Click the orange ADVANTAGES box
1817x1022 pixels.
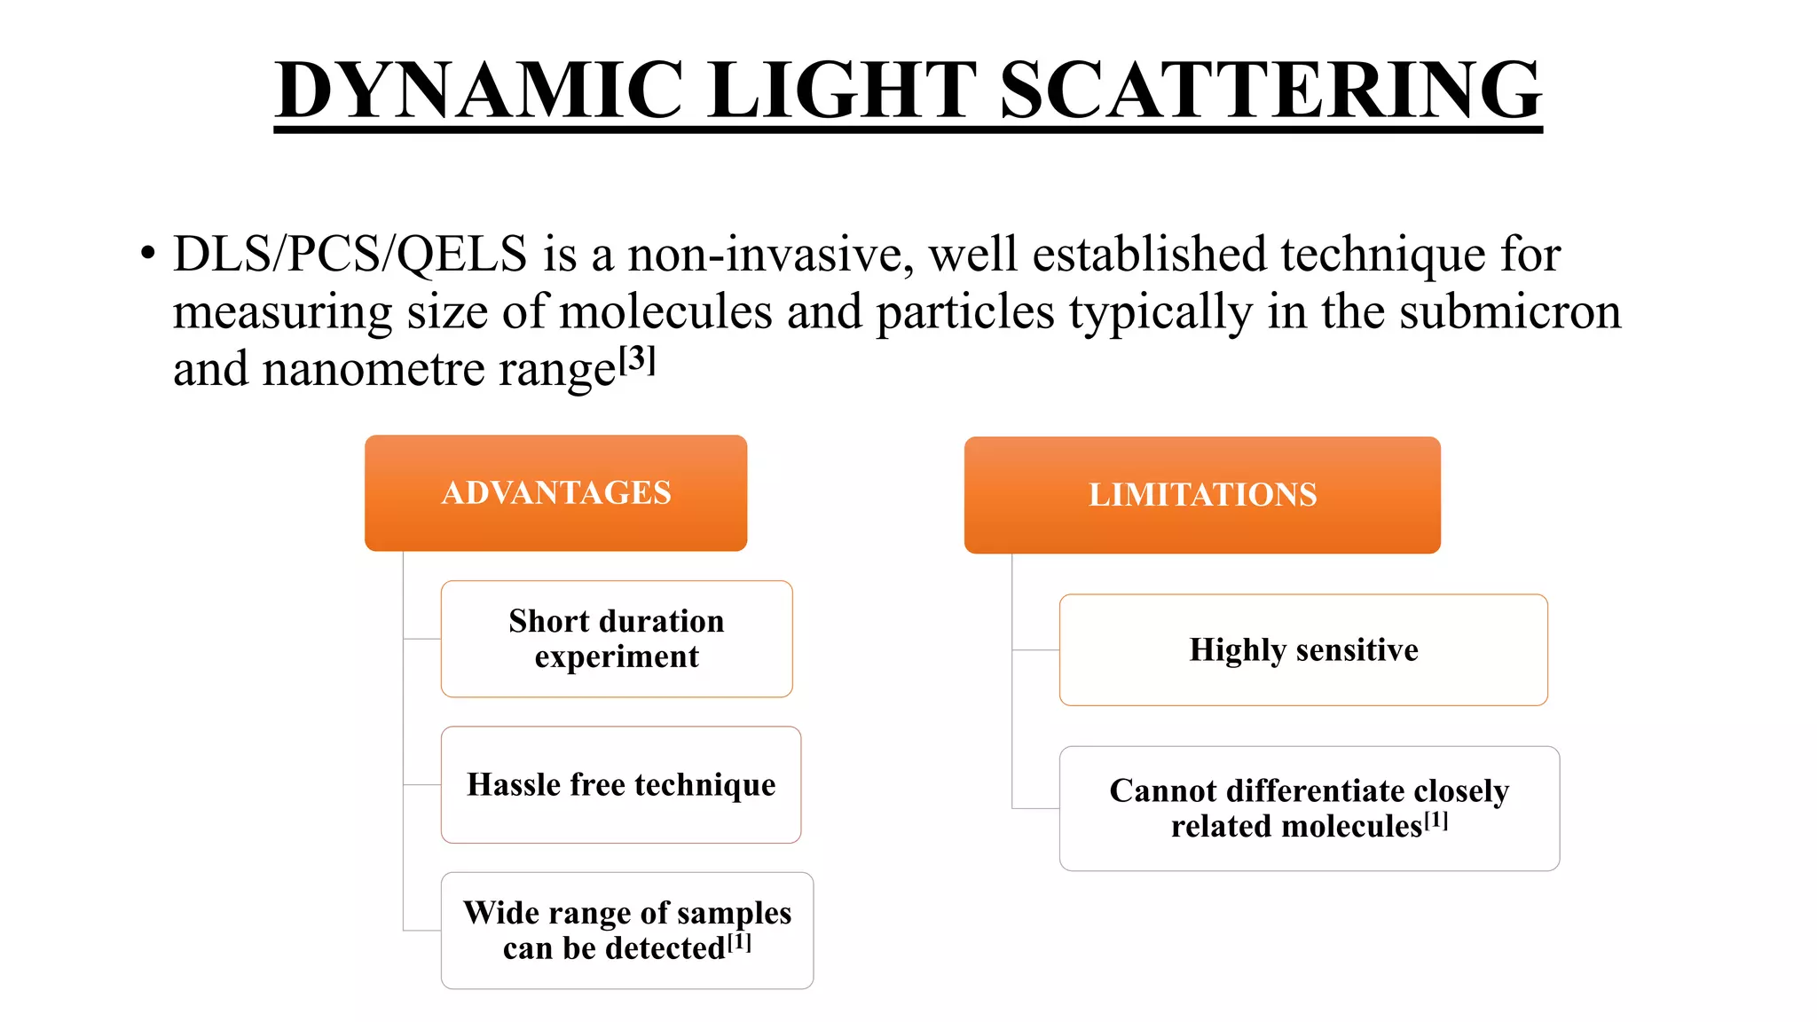[x=555, y=492]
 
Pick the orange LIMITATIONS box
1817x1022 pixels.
[x=1202, y=495]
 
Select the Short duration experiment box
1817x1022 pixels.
[x=617, y=639]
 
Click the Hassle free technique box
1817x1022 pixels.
[x=621, y=784]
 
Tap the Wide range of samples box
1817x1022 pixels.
[x=626, y=930]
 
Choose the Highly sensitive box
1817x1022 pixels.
[x=1303, y=649]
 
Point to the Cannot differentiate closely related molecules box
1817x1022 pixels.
[x=1309, y=807]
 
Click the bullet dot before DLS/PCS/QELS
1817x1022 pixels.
[x=147, y=255]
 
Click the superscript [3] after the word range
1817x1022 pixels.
[x=637, y=359]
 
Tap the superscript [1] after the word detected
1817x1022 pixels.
[x=739, y=942]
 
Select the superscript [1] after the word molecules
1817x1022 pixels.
[x=1436, y=821]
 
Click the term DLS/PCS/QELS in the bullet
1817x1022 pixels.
[x=350, y=255]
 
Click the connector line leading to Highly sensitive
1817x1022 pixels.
[x=1036, y=650]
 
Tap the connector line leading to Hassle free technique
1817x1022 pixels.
[x=422, y=785]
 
